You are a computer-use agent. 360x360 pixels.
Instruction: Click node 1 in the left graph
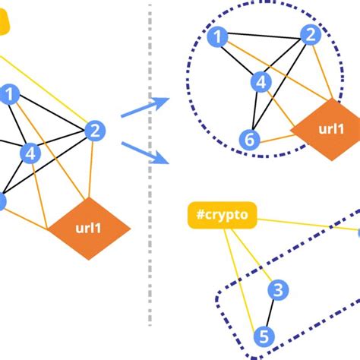[11, 94]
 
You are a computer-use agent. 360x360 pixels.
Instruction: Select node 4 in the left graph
[30, 153]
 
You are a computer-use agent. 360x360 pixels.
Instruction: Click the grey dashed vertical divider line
[150, 190]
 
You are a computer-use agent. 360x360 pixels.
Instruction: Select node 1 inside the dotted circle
[217, 36]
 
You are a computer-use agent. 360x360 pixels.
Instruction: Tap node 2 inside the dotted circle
[309, 34]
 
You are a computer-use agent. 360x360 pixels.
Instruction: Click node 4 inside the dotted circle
[261, 82]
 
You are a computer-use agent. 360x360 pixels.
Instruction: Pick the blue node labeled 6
[247, 139]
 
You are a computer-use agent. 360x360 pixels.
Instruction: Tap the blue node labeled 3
[279, 290]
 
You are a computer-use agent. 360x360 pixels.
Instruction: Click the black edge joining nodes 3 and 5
[271, 313]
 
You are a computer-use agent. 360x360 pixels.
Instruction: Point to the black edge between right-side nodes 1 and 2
[263, 34]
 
